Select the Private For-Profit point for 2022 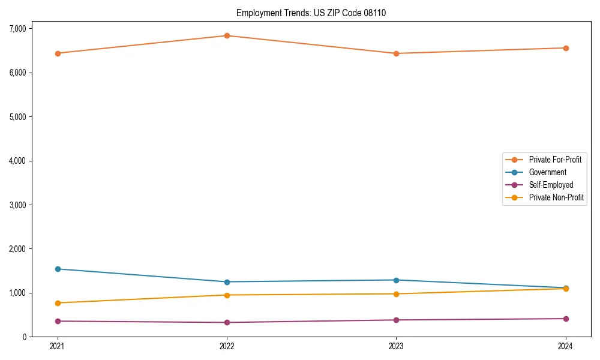point(227,35)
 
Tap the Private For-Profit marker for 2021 point(58,53)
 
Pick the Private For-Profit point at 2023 point(397,53)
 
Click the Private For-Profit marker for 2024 point(566,48)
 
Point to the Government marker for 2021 point(58,269)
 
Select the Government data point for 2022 point(227,282)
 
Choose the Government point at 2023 point(397,280)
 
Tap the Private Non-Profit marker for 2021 point(58,303)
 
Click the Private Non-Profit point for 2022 point(227,295)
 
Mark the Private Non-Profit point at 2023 point(397,294)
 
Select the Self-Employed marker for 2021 point(58,321)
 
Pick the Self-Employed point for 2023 point(397,320)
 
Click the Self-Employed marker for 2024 point(566,319)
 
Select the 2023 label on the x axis point(397,346)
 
